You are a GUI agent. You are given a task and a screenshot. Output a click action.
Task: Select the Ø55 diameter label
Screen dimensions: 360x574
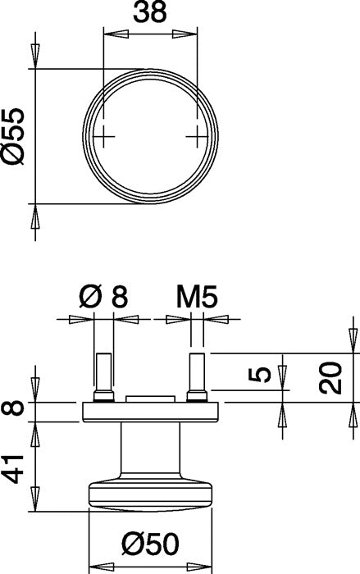pos(12,136)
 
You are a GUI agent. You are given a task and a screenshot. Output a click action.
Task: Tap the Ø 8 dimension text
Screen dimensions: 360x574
pos(103,297)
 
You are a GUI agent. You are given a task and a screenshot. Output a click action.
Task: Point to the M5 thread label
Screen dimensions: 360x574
pos(197,297)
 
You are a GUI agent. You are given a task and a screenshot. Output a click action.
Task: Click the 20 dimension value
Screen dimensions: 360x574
pos(330,378)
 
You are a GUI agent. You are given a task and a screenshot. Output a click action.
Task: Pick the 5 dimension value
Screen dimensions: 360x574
pos(260,376)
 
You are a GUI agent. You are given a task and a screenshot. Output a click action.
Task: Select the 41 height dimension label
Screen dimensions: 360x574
pos(12,469)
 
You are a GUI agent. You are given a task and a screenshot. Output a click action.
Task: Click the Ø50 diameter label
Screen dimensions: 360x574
pos(151,544)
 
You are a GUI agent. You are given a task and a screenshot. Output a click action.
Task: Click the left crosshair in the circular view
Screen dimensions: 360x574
pos(103,137)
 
